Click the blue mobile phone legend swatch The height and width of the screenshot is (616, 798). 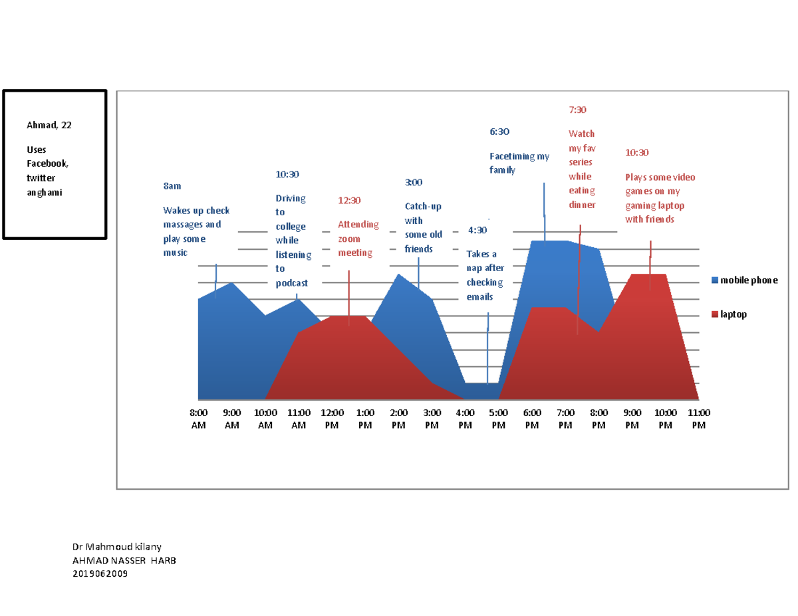(715, 280)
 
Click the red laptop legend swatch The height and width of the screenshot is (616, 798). (715, 314)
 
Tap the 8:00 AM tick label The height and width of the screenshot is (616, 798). (198, 419)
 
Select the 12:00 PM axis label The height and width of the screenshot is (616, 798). (332, 419)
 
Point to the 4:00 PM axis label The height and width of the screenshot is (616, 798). (465, 419)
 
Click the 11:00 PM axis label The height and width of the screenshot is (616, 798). (698, 419)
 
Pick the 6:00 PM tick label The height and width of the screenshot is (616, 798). (532, 419)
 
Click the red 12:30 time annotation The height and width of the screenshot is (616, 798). (349, 200)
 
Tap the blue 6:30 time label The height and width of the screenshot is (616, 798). (499, 132)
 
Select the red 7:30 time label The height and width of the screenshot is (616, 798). (577, 110)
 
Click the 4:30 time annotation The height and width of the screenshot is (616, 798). (477, 230)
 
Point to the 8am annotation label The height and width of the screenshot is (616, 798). (172, 186)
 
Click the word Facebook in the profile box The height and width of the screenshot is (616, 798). (47, 163)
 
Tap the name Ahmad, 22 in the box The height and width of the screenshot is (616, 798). (49, 125)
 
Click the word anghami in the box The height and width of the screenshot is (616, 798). (45, 193)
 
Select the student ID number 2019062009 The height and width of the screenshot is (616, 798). (100, 574)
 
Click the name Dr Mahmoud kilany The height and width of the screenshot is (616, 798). (117, 547)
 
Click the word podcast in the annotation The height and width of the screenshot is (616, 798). (291, 283)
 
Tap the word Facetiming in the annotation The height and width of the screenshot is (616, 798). (512, 156)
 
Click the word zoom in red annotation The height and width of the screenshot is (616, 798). (349, 239)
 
